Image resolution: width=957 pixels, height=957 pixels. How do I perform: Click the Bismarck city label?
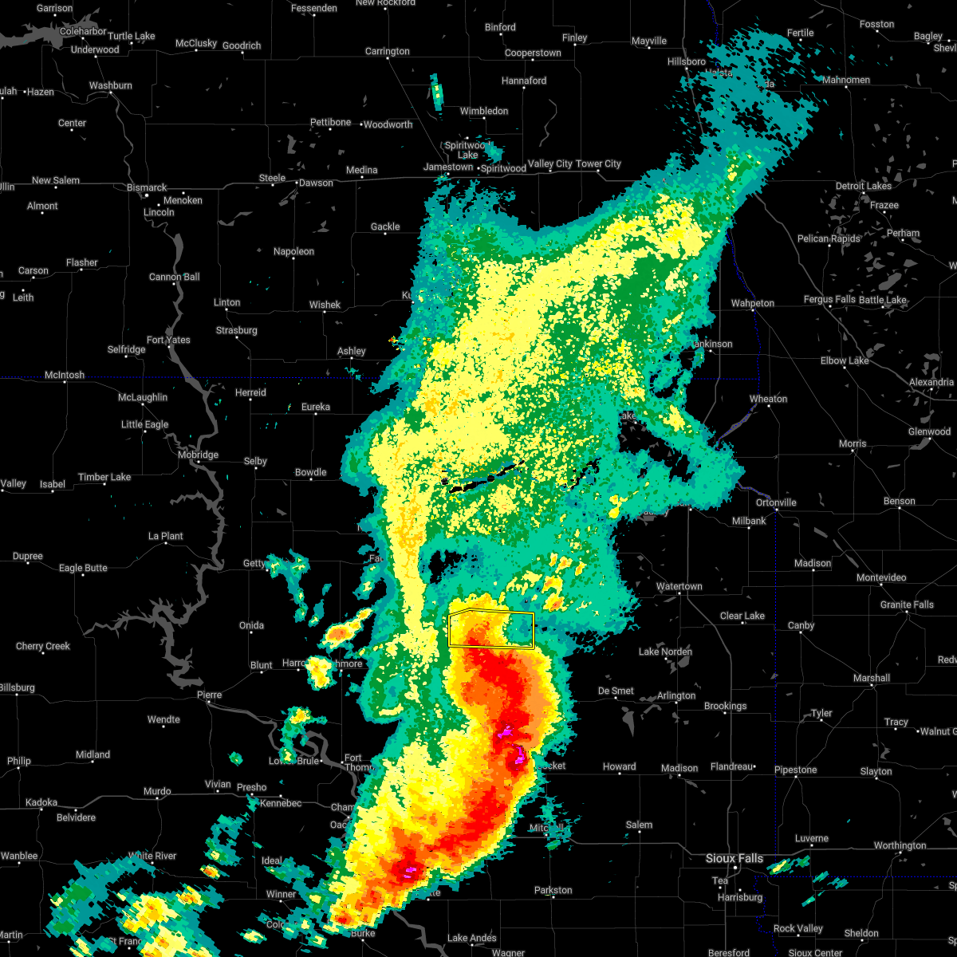point(147,187)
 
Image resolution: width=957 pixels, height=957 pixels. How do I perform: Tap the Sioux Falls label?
point(734,858)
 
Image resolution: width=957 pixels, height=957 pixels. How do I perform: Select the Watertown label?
point(679,586)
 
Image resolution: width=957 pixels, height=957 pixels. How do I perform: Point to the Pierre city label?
point(209,695)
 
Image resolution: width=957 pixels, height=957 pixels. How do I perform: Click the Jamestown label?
point(447,167)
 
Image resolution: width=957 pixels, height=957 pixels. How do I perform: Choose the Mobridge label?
point(198,455)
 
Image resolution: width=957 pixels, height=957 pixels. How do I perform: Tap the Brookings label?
point(725,706)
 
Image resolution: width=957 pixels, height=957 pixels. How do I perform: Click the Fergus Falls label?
point(829,300)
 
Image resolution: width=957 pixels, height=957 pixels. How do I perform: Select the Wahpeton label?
point(752,303)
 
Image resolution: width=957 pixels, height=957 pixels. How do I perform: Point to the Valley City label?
point(549,163)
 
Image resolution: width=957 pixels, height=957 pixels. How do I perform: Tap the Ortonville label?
point(775,502)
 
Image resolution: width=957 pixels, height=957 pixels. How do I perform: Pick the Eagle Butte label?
point(83,568)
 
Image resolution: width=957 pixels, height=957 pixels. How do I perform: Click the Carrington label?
point(387,51)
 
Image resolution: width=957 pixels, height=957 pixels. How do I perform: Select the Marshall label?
point(871,678)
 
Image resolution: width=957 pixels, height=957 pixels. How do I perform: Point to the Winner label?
point(281,894)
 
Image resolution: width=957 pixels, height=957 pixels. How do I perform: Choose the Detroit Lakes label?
point(863,186)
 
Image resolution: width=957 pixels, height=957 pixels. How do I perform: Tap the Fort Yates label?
point(168,340)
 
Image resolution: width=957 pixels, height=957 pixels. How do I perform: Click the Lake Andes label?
point(472,938)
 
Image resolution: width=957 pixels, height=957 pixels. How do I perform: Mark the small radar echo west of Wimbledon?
point(436,93)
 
